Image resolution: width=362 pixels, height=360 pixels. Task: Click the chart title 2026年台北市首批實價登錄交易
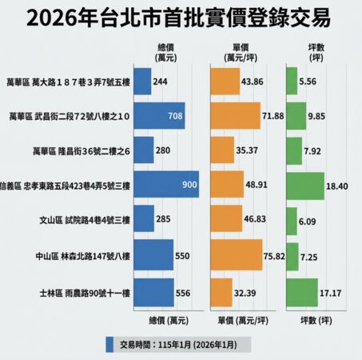[x=181, y=18]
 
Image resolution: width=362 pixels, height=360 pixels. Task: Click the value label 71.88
[x=272, y=116]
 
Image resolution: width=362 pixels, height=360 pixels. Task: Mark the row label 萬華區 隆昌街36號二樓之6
[x=78, y=151]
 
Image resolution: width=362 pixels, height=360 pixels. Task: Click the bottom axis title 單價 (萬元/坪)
[x=243, y=320]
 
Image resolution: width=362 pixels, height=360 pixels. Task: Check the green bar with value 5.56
[x=291, y=82]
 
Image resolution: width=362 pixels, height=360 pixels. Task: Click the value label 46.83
[x=255, y=222]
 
